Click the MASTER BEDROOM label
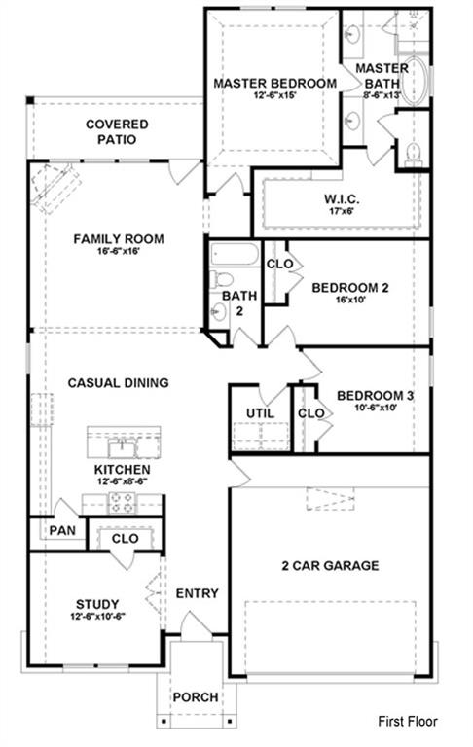pos(274,84)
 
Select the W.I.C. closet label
pos(342,199)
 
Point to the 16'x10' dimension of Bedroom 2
pos(349,301)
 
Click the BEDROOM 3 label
pos(375,396)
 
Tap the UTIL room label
pos(260,413)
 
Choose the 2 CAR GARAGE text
pos(330,565)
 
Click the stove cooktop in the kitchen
pos(122,503)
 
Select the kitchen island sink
pos(121,448)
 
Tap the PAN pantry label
pos(62,530)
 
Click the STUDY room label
pos(97,605)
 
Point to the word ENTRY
pos(197,593)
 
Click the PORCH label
pos(196,697)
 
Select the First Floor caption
pos(408,722)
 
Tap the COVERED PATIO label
pos(117,132)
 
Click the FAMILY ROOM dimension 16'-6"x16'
pos(119,251)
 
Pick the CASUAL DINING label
pos(119,383)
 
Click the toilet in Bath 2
pos(221,279)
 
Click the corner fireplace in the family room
pos(55,188)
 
